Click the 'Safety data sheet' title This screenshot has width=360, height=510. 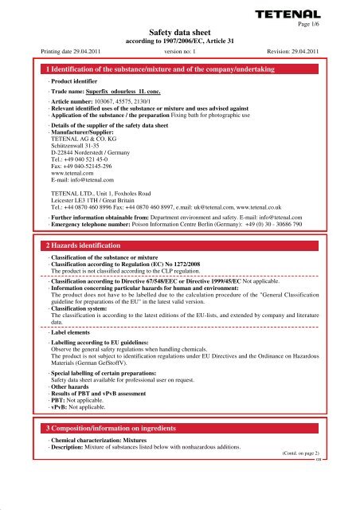coord(179,28)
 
